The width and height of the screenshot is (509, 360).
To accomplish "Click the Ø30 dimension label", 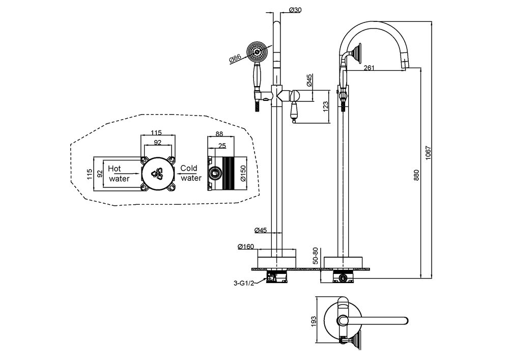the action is (295, 10).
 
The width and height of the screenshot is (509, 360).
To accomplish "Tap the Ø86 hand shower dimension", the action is (235, 59).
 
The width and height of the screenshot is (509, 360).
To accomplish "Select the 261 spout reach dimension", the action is (369, 68).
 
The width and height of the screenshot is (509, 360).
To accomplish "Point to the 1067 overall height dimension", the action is (428, 152).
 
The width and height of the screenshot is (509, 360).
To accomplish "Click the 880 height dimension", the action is (417, 175).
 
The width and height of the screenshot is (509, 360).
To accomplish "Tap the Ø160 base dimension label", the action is (246, 247).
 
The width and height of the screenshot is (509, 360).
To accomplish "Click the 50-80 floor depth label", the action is (315, 256).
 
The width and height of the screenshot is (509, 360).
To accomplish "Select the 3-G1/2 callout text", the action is (244, 283).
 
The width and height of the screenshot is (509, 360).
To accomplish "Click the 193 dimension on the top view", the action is (314, 321).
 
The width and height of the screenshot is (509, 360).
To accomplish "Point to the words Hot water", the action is (119, 174).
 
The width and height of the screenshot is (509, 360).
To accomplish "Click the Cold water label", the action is (191, 173).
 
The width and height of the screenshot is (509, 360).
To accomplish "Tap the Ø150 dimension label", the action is (243, 174).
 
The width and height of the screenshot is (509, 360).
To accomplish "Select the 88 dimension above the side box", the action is (219, 134).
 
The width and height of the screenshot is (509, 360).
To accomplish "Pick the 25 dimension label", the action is (222, 146).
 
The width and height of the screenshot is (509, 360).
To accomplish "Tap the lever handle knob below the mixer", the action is (294, 121).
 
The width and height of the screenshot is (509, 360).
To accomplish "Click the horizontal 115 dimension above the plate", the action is (156, 133).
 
